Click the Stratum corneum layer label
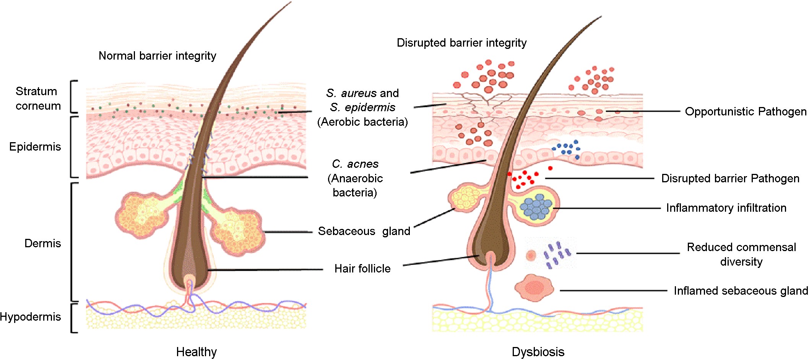(38, 98)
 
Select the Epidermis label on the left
(35, 147)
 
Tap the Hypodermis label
(30, 317)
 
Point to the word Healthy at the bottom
(196, 352)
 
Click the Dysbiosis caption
(538, 352)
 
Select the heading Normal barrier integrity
(157, 56)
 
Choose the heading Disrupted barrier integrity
(461, 43)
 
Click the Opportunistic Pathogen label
(746, 112)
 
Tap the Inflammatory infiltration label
(726, 208)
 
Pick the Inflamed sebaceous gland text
(741, 291)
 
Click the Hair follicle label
(362, 269)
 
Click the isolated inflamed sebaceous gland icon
(534, 288)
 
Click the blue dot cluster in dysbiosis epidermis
(567, 149)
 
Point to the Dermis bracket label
(42, 243)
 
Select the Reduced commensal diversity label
(741, 254)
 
